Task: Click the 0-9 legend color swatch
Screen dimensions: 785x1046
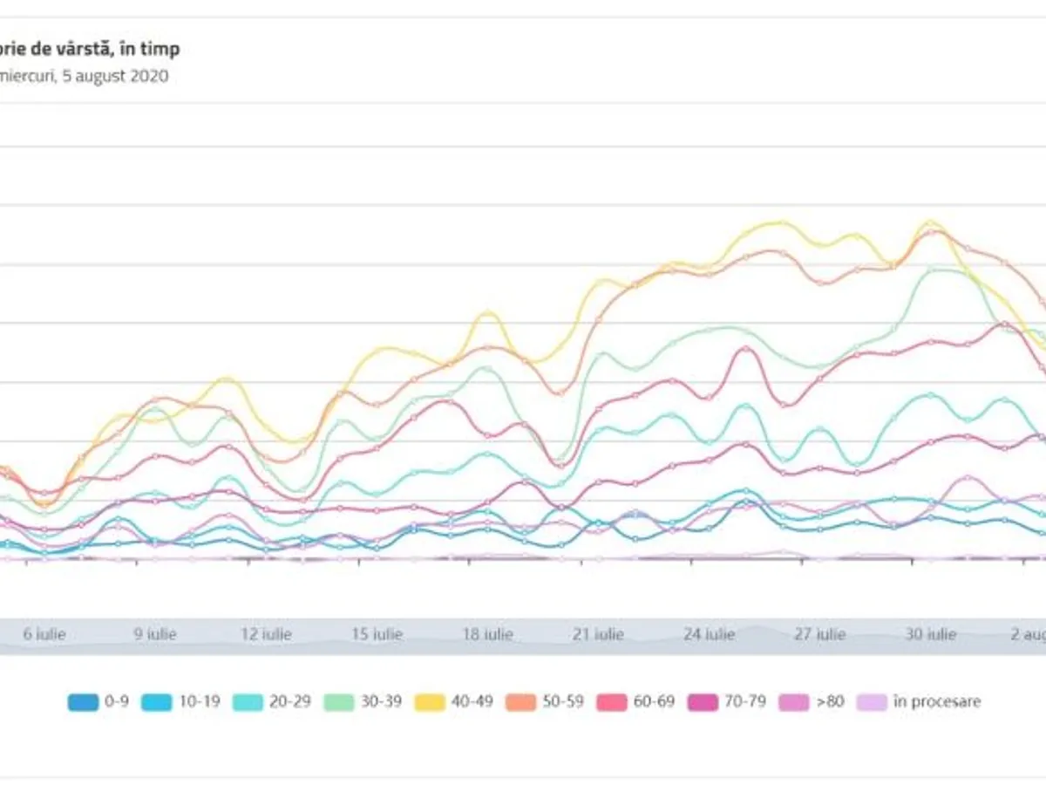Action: click(x=83, y=702)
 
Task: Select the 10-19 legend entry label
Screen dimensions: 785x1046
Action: click(x=200, y=702)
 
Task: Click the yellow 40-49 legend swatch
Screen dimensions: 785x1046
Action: click(x=427, y=702)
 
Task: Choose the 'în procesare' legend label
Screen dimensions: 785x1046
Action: click(x=937, y=702)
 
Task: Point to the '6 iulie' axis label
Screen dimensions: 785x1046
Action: click(x=44, y=634)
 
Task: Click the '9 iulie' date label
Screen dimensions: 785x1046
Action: click(x=155, y=634)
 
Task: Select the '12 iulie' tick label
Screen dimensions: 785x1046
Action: click(x=266, y=634)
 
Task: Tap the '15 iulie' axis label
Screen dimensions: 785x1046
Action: click(x=377, y=634)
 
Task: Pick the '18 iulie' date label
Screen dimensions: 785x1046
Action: click(x=487, y=634)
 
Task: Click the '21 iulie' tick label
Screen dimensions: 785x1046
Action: click(x=598, y=634)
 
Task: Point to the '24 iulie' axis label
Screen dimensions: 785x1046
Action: click(x=709, y=634)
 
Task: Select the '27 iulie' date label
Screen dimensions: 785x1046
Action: click(x=819, y=634)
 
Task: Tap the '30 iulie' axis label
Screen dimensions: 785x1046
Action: click(x=930, y=634)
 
